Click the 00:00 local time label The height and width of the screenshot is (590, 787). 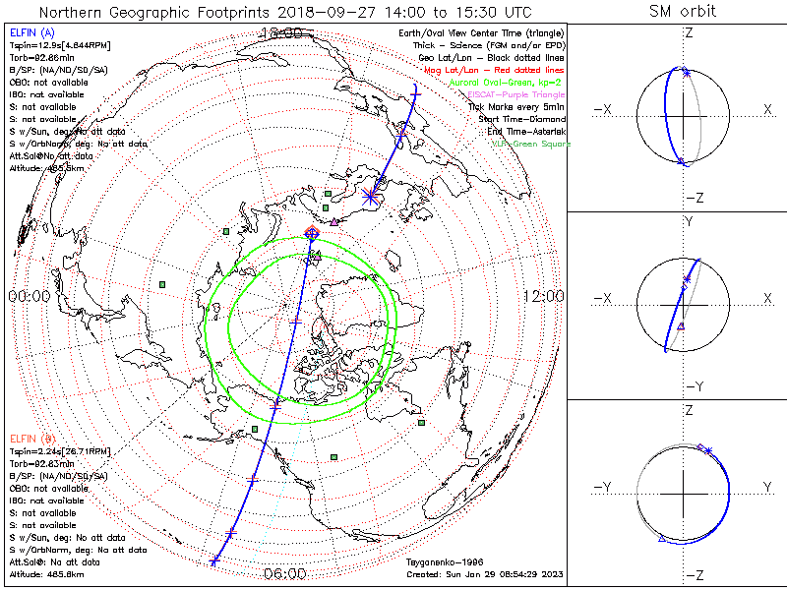[30, 296]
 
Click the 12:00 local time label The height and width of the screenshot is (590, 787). [543, 296]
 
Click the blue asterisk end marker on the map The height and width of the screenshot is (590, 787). [371, 196]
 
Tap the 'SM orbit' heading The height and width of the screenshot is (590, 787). [683, 12]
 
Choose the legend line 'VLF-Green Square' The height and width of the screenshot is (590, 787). [531, 144]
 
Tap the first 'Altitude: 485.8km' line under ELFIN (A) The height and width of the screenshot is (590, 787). [45, 168]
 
